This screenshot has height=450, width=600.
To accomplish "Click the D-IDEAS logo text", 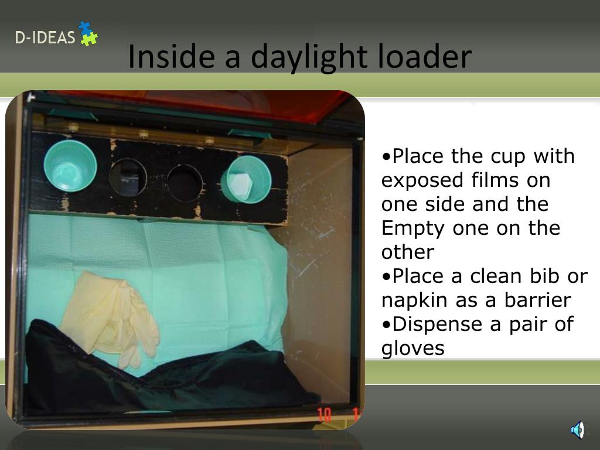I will click(x=45, y=38).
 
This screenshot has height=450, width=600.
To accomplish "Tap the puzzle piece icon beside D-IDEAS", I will click(x=88, y=33).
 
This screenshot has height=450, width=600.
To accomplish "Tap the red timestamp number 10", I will click(x=324, y=415).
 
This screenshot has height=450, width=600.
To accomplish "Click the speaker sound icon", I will click(x=577, y=430).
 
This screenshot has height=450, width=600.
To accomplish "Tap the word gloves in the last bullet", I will click(x=412, y=349).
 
